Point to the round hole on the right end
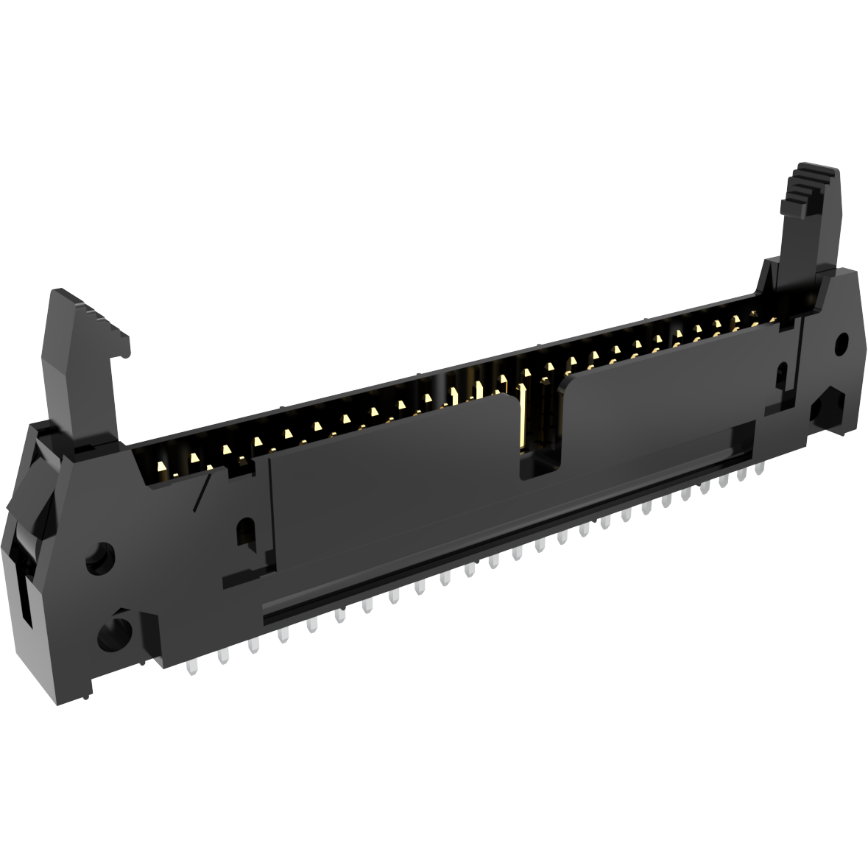tap(841, 343)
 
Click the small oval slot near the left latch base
tap(244, 532)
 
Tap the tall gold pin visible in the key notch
tap(523, 416)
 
